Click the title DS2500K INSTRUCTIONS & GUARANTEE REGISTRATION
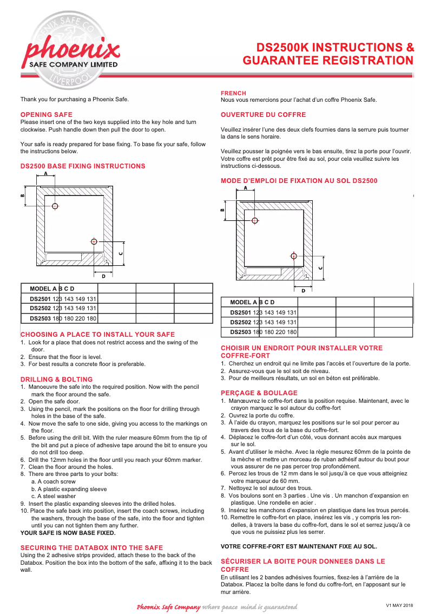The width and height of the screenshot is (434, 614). point(328,54)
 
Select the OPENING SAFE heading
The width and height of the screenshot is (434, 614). point(46,115)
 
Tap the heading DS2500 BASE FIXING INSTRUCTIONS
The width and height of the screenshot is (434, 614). point(83,166)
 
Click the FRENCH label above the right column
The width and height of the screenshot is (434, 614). point(233,93)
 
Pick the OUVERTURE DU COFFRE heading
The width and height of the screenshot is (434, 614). point(263,115)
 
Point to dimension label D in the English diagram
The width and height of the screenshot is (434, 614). point(103,276)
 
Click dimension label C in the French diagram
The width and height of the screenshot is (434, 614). point(320,267)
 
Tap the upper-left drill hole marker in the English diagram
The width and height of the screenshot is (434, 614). point(55,206)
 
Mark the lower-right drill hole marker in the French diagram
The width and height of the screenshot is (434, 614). point(294,256)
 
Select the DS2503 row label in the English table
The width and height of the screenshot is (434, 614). point(40,318)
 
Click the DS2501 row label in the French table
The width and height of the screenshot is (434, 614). point(240,312)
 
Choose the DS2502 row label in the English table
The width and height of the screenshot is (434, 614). point(40,308)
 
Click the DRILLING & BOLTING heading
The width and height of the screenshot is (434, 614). point(56,380)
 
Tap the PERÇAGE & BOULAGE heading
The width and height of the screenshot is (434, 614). point(259,393)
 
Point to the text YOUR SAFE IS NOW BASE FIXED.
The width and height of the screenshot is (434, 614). point(68,533)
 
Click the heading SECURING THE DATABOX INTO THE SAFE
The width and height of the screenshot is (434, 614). point(91,548)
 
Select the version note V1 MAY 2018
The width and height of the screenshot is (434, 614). point(399,605)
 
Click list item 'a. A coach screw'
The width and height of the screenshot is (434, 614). point(53,481)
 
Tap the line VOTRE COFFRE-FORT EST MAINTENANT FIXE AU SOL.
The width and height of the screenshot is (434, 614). point(299,546)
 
